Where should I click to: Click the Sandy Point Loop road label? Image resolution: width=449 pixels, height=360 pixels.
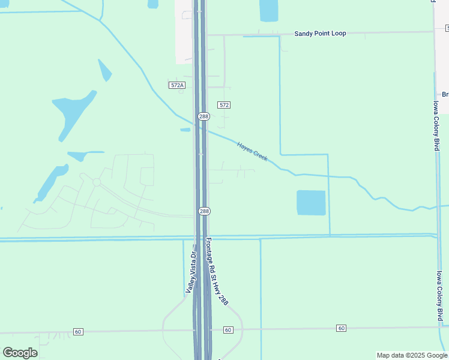tap(320, 34)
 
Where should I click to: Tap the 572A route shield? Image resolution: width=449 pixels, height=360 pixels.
tap(176, 85)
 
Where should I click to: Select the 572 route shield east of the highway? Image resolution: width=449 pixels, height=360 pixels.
tap(224, 105)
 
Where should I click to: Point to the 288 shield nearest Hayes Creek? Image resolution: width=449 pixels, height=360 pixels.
tap(204, 116)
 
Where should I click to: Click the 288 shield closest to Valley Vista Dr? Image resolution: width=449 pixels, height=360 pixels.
tap(204, 211)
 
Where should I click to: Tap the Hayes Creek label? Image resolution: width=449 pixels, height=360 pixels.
tap(252, 151)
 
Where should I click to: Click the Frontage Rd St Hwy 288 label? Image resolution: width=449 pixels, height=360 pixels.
tap(217, 271)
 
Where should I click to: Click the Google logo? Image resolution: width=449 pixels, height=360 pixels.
tap(20, 353)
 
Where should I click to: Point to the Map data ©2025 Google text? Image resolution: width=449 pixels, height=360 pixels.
tap(411, 355)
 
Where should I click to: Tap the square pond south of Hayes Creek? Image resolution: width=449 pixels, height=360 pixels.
tap(311, 203)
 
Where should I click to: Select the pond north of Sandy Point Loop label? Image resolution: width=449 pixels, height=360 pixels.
tap(269, 10)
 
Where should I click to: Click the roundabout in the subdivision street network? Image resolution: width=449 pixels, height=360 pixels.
tap(96, 182)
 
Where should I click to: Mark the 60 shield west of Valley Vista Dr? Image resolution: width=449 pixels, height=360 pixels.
tap(78, 331)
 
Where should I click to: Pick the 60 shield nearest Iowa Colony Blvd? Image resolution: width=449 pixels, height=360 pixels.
tap(342, 328)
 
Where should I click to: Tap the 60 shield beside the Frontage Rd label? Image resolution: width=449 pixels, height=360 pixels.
tap(228, 330)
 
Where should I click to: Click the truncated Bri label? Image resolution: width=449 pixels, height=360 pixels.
tap(445, 94)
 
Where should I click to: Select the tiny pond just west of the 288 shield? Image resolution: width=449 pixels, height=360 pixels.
tap(185, 130)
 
